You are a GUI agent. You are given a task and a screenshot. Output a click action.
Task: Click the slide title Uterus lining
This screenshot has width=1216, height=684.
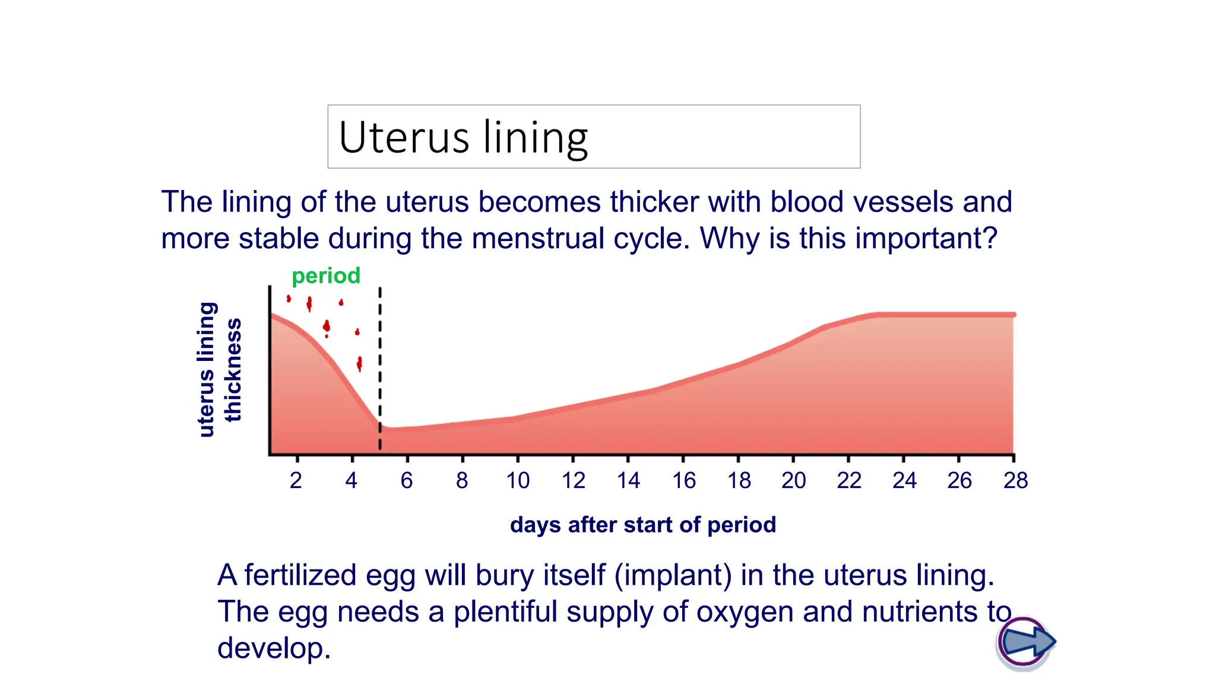click(x=463, y=138)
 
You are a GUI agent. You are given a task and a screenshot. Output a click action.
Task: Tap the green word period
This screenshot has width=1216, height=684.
click(x=326, y=275)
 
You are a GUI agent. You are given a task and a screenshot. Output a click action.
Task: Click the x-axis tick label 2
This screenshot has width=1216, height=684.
click(x=296, y=480)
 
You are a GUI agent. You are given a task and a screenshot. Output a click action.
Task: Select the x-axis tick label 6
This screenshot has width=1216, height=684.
click(x=407, y=480)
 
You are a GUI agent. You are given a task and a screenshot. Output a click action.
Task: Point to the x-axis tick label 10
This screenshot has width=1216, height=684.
click(x=518, y=480)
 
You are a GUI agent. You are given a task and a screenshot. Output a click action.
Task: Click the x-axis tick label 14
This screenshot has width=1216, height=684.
click(x=628, y=480)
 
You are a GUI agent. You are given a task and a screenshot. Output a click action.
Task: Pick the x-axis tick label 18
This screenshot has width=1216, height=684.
click(x=739, y=480)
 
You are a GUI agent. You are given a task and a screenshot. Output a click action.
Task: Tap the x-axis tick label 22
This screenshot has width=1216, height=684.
click(x=849, y=480)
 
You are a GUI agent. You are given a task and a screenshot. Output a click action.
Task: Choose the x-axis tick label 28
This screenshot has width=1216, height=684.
click(x=1015, y=480)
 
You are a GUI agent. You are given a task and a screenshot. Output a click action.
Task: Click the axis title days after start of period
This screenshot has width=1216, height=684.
click(x=642, y=525)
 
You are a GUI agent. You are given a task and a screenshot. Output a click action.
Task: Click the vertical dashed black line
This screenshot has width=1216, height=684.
click(x=380, y=368)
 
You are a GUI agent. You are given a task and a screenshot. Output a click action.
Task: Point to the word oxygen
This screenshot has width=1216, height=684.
click(x=745, y=612)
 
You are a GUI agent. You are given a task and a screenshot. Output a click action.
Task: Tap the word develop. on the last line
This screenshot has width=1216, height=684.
click(x=274, y=648)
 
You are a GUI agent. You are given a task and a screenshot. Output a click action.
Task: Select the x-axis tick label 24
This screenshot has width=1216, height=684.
click(x=904, y=480)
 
